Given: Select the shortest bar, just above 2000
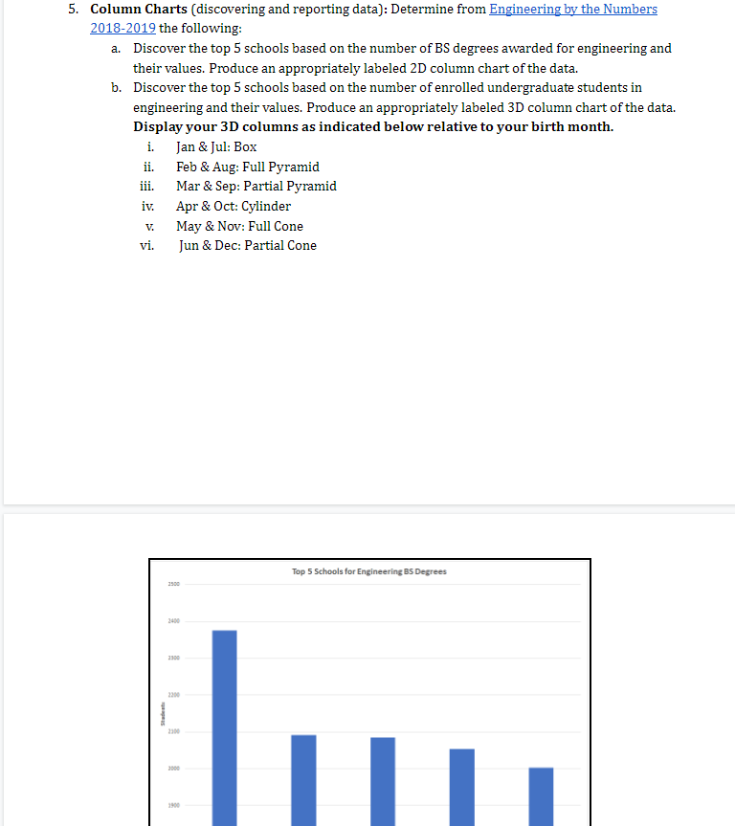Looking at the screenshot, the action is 541,795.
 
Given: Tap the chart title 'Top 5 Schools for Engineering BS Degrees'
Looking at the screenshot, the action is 368,571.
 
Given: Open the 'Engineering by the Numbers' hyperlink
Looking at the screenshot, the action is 573,9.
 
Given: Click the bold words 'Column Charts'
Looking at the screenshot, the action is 139,9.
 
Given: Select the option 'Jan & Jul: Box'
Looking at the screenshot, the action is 216,146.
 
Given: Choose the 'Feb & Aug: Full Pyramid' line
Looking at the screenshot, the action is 248,167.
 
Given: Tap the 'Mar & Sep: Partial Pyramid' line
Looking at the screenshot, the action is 256,186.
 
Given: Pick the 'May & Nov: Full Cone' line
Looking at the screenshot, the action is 239,226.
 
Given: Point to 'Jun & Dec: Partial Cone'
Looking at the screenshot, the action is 248,245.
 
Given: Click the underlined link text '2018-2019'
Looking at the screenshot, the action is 123,28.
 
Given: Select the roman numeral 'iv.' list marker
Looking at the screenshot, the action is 148,206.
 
